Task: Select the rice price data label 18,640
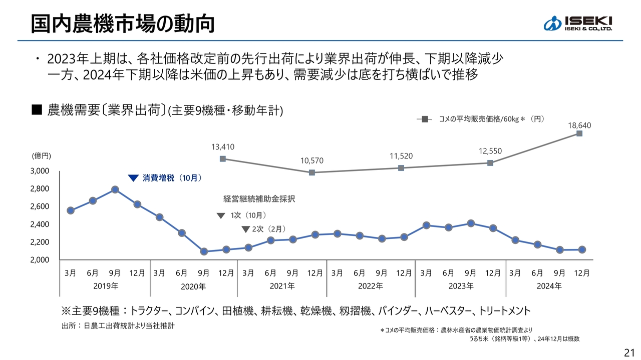579,125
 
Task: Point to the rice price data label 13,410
223,146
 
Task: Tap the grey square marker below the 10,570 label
312,172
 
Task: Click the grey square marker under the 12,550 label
490,163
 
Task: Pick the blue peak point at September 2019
115,189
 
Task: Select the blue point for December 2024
582,249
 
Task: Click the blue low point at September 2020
204,251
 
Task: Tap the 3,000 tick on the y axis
40,171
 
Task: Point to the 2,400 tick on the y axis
40,224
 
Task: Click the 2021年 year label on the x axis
282,286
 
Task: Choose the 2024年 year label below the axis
549,286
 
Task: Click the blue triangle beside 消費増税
133,177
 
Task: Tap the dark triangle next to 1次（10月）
221,216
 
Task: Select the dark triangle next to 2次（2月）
245,229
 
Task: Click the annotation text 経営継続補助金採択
259,199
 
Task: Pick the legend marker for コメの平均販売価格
425,119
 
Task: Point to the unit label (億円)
42,156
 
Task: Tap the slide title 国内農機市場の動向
123,23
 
